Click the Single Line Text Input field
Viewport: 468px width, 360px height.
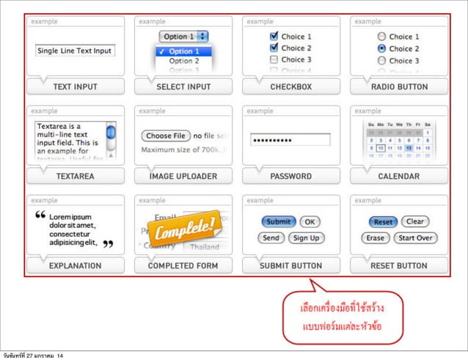pyautogui.click(x=74, y=51)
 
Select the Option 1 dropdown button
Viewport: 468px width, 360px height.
pyautogui.click(x=183, y=36)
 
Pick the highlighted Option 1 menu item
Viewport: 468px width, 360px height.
pyautogui.click(x=183, y=51)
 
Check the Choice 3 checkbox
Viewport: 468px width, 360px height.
pyautogui.click(x=274, y=59)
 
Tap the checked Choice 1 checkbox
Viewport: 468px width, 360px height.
pyautogui.click(x=274, y=36)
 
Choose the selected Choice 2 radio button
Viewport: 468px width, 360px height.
pyautogui.click(x=381, y=48)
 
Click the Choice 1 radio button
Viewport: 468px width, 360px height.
pyautogui.click(x=381, y=36)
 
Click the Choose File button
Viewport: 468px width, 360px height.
pyautogui.click(x=165, y=136)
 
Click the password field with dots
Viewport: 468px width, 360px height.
pyautogui.click(x=290, y=139)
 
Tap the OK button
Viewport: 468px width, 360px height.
pyautogui.click(x=310, y=221)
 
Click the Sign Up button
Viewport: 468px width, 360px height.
pyautogui.click(x=306, y=238)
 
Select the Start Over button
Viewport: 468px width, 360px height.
pyautogui.click(x=416, y=238)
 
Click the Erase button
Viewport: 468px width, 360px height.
pyautogui.click(x=376, y=238)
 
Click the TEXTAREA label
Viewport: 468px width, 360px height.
pyautogui.click(x=75, y=176)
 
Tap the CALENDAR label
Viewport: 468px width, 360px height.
pyautogui.click(x=398, y=176)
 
